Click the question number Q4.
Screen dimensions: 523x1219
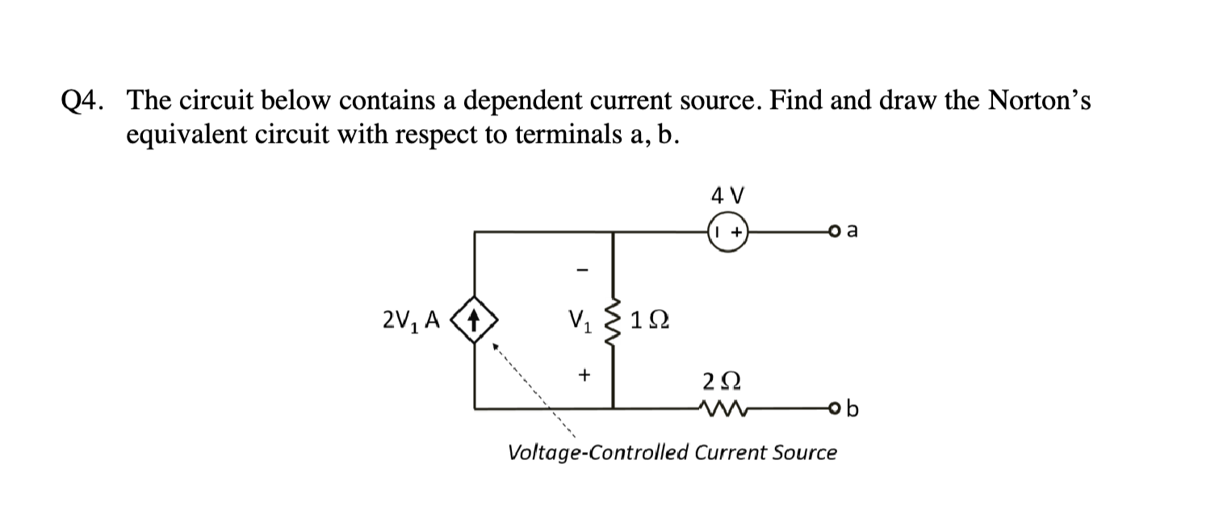coord(83,101)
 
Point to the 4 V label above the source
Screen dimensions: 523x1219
coord(728,195)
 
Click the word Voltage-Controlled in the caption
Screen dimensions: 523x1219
coord(597,453)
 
